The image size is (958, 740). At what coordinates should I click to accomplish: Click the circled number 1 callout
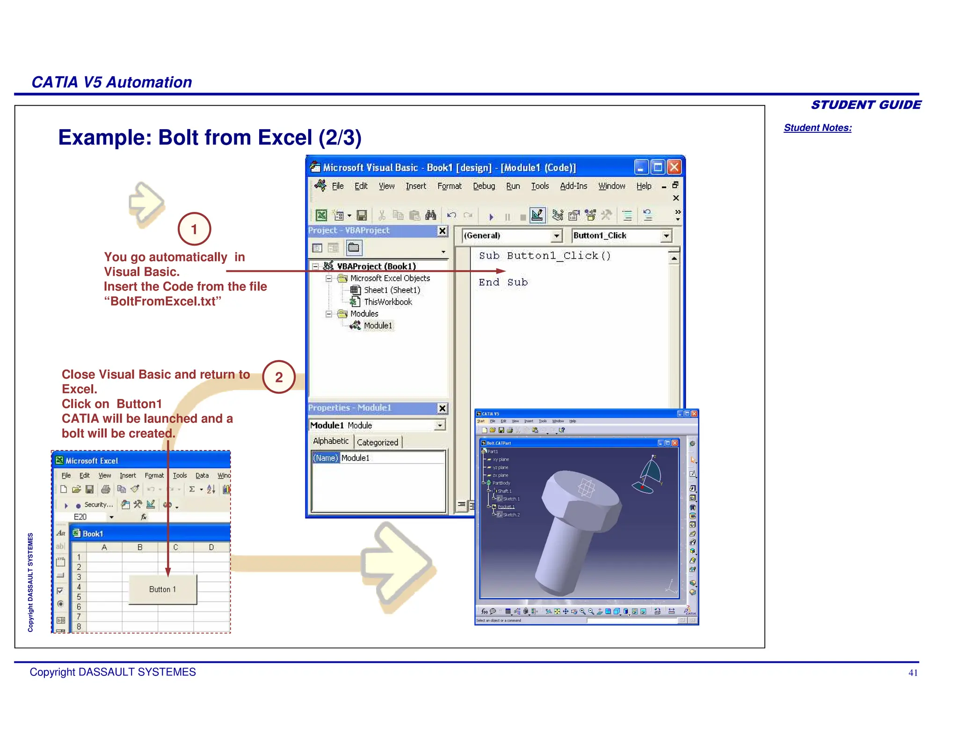point(194,229)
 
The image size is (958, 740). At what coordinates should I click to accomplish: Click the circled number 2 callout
point(279,377)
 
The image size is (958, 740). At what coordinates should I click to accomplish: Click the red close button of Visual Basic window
point(674,167)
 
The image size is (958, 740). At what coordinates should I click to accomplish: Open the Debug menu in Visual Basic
point(484,186)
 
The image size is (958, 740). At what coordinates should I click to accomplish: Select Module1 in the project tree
point(378,326)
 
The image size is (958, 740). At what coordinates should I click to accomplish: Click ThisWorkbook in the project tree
point(388,302)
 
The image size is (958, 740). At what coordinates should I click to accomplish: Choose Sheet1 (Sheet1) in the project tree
point(392,290)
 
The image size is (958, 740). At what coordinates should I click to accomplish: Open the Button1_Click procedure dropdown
point(666,236)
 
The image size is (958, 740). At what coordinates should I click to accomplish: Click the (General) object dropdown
point(556,236)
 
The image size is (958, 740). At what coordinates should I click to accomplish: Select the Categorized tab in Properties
point(377,442)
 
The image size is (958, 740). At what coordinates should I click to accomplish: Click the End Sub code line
point(503,282)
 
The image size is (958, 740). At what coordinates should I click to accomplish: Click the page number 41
point(913,673)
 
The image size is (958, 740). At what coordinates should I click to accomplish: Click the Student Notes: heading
point(818,128)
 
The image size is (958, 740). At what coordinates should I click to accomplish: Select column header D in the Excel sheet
point(211,547)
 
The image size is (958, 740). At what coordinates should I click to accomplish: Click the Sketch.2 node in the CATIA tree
point(511,515)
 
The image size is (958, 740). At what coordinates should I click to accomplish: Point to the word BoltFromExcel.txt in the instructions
point(163,301)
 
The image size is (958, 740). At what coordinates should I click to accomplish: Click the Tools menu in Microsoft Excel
point(180,475)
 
